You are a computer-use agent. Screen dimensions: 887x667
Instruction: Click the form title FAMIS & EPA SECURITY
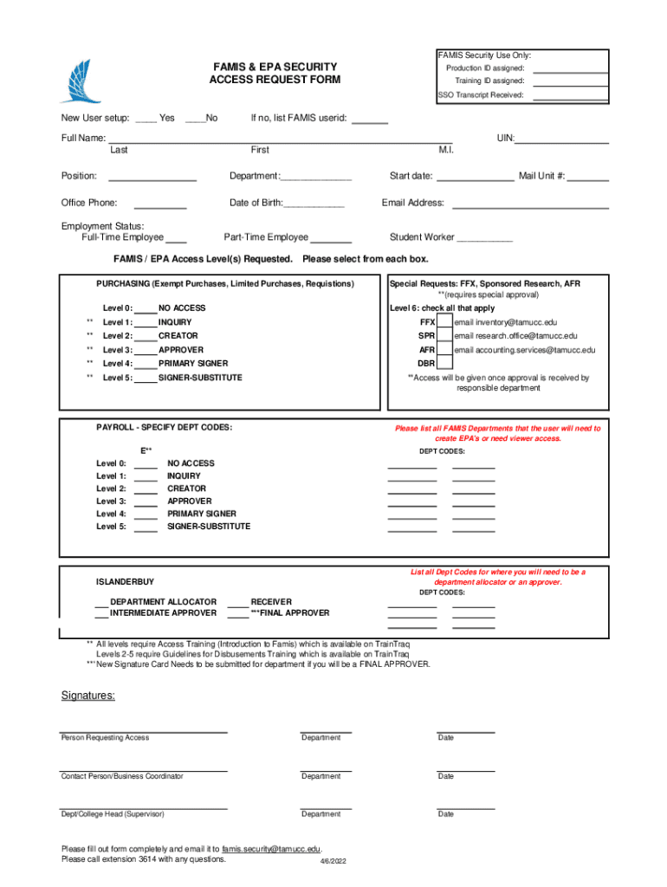275,67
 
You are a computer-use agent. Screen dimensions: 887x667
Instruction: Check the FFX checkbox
444,322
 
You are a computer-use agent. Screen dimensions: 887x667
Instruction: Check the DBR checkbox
444,364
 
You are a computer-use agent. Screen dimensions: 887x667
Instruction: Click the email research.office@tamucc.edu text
515,336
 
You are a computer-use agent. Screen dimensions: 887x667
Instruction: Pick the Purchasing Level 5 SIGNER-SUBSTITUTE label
200,378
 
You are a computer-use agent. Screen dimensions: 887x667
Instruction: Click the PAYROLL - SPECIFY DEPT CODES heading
164,428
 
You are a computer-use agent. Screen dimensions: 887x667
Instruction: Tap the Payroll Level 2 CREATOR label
186,489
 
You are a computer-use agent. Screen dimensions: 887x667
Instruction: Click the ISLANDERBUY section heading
125,581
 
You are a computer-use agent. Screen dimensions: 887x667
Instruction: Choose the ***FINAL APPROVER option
289,613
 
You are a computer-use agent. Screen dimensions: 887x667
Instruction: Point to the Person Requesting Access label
105,738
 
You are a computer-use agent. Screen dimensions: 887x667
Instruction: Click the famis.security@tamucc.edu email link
271,849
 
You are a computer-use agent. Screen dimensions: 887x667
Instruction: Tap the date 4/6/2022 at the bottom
333,863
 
